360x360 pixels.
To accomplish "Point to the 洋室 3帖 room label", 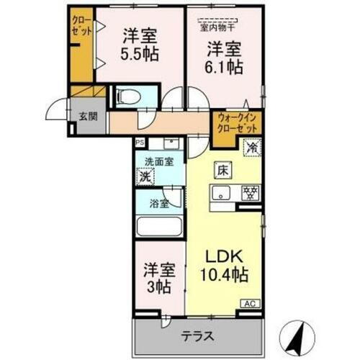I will pos(158,277).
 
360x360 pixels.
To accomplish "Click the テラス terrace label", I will pos(199,336).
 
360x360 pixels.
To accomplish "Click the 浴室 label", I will pos(159,203).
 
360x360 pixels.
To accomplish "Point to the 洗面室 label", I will pos(158,162).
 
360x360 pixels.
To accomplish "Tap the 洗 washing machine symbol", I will pos(146,176).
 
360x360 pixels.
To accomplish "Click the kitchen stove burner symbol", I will pos(251,193).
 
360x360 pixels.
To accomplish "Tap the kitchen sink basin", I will pos(221,193).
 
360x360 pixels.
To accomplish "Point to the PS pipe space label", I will pos(139,143).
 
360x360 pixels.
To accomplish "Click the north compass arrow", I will pos(302,333).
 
